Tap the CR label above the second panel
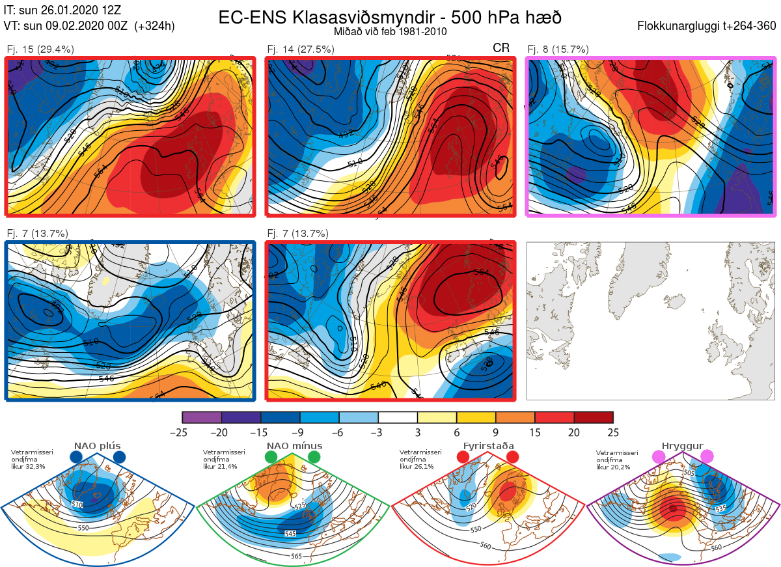[x=501, y=48]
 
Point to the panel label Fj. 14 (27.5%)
[x=301, y=49]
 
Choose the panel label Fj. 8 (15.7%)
[x=558, y=49]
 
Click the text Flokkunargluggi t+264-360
[x=708, y=27]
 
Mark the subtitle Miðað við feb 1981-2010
[x=390, y=31]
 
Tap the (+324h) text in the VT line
[x=154, y=27]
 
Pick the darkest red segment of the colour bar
[x=594, y=417]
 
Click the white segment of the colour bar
[x=398, y=417]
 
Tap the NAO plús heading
[x=98, y=446]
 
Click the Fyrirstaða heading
[x=488, y=446]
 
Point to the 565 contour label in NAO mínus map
[x=296, y=555]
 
